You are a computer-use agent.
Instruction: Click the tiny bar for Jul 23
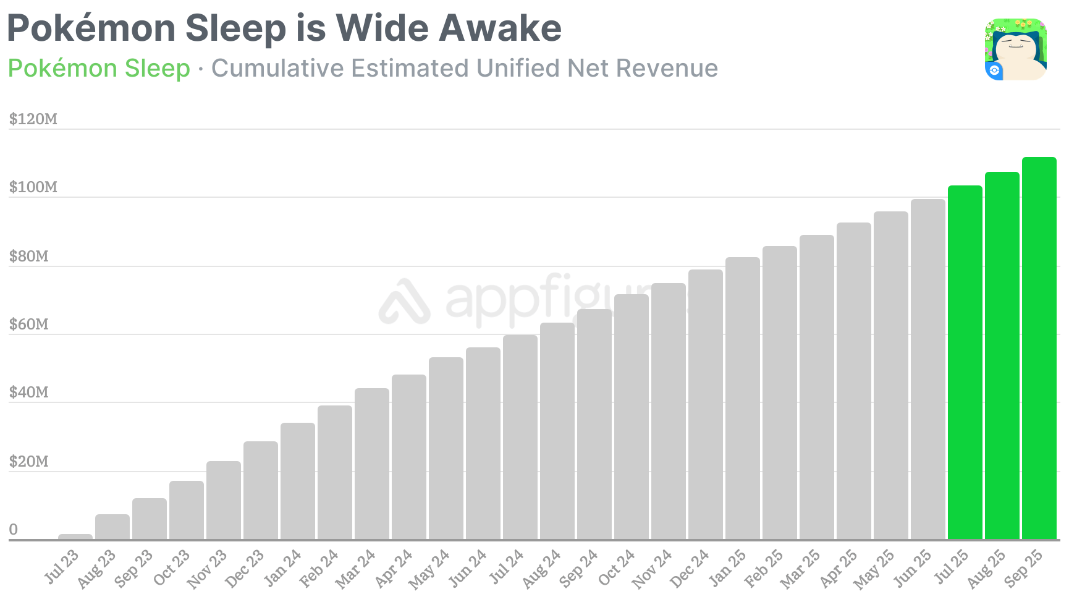pos(75,536)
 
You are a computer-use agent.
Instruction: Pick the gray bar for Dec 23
pos(260,490)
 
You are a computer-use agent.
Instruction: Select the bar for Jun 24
pos(483,443)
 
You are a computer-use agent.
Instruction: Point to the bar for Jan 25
pos(742,398)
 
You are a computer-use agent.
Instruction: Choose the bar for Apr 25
pos(853,381)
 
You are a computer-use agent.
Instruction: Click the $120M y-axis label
pos(33,119)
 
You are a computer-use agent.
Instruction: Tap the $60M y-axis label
pos(28,324)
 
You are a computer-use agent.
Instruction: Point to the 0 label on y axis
pos(14,529)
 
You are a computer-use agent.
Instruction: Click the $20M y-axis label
pos(28,461)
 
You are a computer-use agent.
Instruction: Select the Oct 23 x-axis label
pos(171,567)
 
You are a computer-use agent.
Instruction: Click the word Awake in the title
pos(500,28)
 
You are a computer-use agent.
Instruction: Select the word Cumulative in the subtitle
pos(277,68)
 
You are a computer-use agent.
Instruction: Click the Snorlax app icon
pos(1015,49)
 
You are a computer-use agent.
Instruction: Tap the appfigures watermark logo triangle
pos(405,302)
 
